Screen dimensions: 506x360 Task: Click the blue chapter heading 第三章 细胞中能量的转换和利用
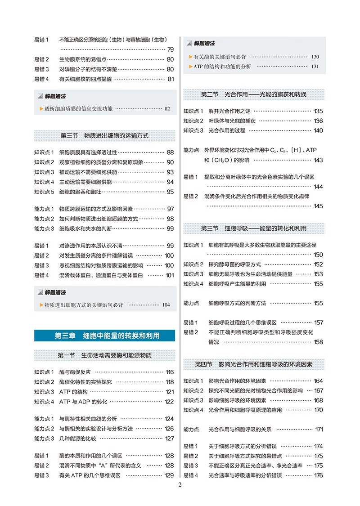click(104, 336)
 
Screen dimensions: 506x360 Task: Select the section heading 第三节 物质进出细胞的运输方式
click(104, 135)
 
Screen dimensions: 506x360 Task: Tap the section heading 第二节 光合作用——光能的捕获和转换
click(253, 94)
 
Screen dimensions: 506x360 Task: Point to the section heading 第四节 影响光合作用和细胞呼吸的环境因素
click(253, 363)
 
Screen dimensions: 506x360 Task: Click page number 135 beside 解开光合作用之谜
click(318, 111)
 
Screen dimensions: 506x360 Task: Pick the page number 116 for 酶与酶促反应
click(169, 372)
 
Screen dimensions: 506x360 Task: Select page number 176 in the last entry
click(318, 475)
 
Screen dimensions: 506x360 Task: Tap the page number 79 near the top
click(170, 49)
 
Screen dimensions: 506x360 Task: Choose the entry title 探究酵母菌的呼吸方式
click(234, 264)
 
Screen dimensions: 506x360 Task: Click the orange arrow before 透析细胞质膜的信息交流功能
click(41, 108)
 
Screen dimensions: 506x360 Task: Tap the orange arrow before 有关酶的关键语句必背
click(190, 57)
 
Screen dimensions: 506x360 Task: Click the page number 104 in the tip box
click(166, 305)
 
